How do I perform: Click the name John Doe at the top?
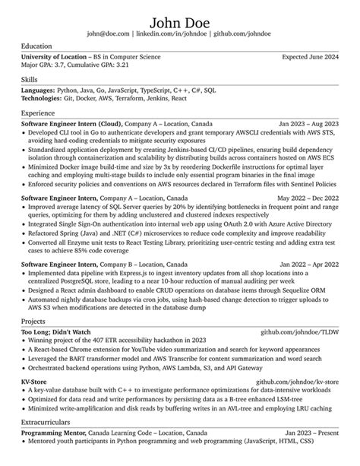(179, 19)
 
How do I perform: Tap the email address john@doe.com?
(108, 34)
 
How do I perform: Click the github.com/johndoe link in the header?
(242, 34)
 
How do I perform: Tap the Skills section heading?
(30, 78)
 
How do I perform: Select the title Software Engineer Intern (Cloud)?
(71, 123)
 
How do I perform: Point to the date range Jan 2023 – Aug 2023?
(307, 123)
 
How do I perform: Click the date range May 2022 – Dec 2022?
(306, 197)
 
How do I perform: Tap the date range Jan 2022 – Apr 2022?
(308, 262)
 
